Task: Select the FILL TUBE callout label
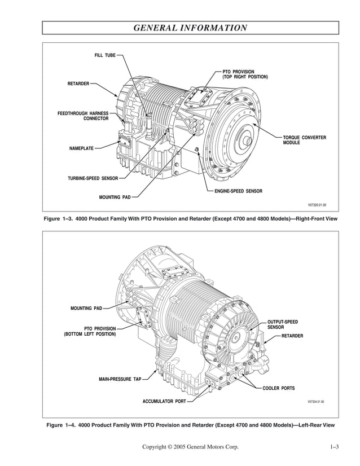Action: point(104,55)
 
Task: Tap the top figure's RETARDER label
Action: point(78,83)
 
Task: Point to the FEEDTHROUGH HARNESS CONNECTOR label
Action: point(83,116)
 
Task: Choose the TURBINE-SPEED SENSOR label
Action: point(93,178)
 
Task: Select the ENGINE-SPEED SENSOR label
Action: point(238,192)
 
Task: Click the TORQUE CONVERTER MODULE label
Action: point(304,140)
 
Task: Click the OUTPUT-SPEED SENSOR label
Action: point(282,324)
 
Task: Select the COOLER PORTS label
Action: point(278,388)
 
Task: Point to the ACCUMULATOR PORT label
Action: point(164,402)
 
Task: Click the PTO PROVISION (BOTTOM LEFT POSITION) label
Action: point(90,331)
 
